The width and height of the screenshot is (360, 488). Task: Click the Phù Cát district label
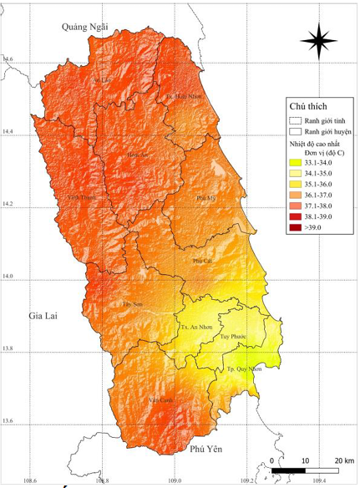[202, 261]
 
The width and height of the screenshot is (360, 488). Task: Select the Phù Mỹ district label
[205, 198]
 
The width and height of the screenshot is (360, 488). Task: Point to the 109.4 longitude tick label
[319, 481]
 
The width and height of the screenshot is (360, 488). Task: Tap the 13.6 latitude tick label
[8, 420]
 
